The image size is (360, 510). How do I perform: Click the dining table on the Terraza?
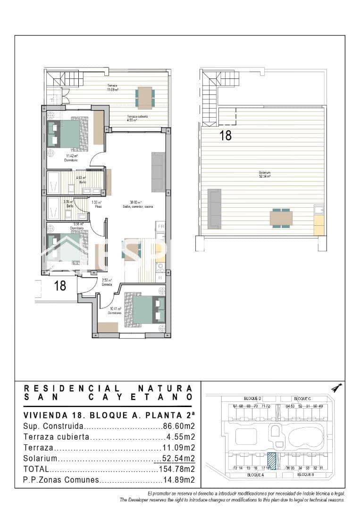144,98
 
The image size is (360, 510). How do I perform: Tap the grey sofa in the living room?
158,172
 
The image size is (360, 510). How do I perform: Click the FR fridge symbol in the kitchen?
160,226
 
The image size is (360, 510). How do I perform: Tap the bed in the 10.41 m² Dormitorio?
143,309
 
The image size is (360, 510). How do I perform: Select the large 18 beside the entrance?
60,286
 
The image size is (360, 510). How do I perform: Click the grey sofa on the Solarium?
214,208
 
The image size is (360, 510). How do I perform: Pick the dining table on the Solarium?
281,218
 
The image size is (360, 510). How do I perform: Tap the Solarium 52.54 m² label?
264,175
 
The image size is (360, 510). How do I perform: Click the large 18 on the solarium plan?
226,136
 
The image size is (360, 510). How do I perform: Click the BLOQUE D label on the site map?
253,399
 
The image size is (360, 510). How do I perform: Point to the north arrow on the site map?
336,388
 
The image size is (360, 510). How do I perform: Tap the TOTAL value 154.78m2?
175,469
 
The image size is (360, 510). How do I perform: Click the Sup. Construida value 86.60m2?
178,426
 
